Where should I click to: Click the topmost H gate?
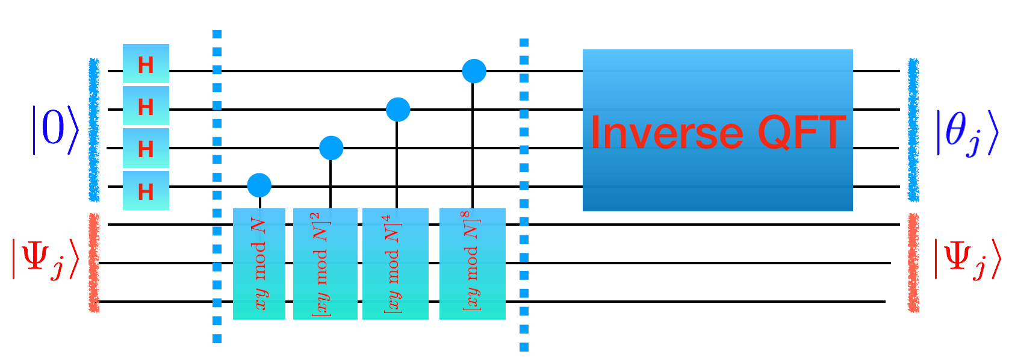pos(146,64)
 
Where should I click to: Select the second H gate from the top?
pos(146,106)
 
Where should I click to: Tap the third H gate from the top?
pos(146,148)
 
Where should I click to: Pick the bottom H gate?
pos(146,191)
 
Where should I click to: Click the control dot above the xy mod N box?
pos(259,185)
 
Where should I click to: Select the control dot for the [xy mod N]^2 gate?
pos(331,147)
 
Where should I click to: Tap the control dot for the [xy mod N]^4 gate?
pos(398,110)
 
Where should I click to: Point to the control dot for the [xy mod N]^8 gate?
pos(474,71)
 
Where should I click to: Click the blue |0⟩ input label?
pos(55,129)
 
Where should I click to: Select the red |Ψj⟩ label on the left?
pos(46,259)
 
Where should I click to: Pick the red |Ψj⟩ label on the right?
pos(967,259)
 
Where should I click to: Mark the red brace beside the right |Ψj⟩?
pos(914,263)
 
